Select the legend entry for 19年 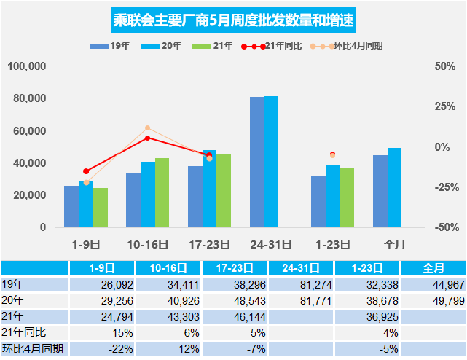110,46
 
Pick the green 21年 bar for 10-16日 162,192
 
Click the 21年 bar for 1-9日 101,208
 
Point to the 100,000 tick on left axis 28,66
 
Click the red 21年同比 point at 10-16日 147,138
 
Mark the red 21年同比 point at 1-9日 86,171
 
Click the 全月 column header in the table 433,267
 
